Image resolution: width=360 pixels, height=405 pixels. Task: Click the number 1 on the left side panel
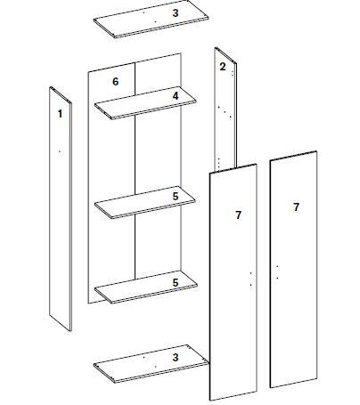(x=60, y=113)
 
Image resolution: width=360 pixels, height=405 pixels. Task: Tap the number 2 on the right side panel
(x=222, y=66)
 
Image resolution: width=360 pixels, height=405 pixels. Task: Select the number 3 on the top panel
(x=176, y=12)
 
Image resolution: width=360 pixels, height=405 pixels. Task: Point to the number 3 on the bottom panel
(x=176, y=356)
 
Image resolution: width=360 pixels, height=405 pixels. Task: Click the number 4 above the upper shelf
(x=176, y=94)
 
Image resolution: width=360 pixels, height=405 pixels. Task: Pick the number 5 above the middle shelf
(x=176, y=195)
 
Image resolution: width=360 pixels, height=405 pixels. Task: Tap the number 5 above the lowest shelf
(x=176, y=281)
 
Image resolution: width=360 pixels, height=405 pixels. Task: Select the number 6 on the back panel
(x=115, y=81)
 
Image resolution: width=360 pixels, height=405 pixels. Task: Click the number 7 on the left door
(x=238, y=215)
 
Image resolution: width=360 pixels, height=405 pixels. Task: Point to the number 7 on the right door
(x=296, y=207)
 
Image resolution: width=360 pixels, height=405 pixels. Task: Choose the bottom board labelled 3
(x=147, y=365)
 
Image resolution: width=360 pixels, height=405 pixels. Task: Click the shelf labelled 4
(x=143, y=107)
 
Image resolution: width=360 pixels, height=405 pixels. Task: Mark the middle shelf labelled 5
(x=143, y=207)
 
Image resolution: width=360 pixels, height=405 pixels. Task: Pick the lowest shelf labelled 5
(x=143, y=291)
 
